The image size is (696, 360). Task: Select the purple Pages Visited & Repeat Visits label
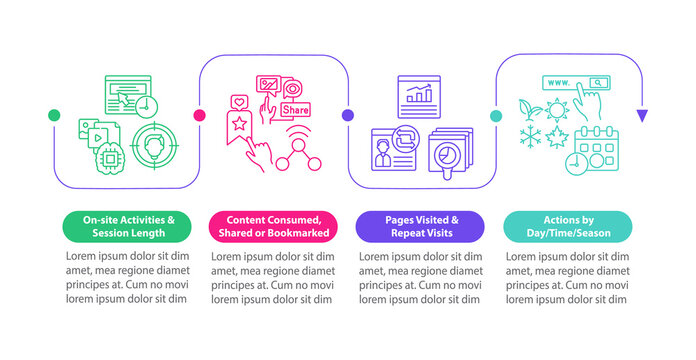click(420, 227)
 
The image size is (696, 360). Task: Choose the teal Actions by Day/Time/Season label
click(567, 227)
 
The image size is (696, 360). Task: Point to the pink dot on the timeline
click(200, 116)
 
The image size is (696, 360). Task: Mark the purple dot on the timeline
click(348, 116)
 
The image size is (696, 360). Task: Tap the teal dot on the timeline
click(495, 116)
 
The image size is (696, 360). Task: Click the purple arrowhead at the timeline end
click(642, 116)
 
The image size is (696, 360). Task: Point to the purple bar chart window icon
click(420, 95)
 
